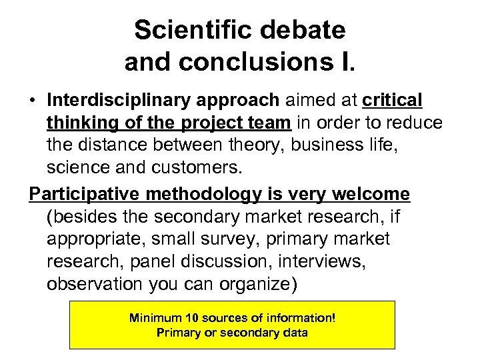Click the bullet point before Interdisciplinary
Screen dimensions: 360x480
pyautogui.click(x=32, y=101)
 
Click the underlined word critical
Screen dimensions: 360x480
pyautogui.click(x=393, y=100)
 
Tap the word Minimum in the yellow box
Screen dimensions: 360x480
pyautogui.click(x=153, y=318)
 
